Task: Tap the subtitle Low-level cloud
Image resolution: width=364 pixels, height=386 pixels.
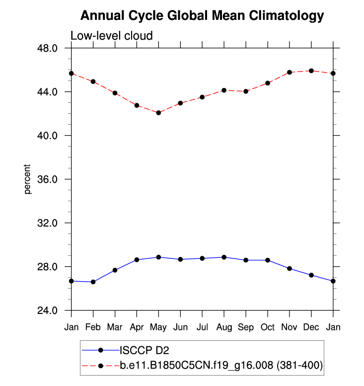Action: click(x=111, y=35)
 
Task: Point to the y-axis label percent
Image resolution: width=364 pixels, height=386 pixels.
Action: click(x=28, y=179)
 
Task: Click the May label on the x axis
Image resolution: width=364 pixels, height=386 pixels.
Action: click(x=158, y=327)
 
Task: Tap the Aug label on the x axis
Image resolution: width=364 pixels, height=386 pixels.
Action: click(x=224, y=327)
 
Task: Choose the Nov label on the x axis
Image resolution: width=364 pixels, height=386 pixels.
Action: click(x=290, y=327)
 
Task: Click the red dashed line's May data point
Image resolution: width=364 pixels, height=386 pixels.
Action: click(x=158, y=113)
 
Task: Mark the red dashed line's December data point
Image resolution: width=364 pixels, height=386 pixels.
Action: click(x=311, y=71)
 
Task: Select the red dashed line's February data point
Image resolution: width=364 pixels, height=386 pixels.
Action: click(x=93, y=81)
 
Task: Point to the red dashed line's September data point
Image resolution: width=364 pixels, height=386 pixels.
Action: click(x=246, y=91)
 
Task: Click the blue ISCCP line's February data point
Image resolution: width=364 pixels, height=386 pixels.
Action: click(x=93, y=282)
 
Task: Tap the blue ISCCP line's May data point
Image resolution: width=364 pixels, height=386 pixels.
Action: click(x=158, y=257)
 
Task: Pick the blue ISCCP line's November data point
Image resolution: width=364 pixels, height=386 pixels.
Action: click(x=290, y=269)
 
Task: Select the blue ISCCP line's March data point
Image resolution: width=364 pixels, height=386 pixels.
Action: click(x=115, y=270)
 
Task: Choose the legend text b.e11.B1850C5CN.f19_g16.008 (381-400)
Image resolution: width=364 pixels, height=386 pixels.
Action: click(x=221, y=366)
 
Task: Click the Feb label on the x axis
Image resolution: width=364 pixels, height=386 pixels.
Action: click(x=93, y=327)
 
